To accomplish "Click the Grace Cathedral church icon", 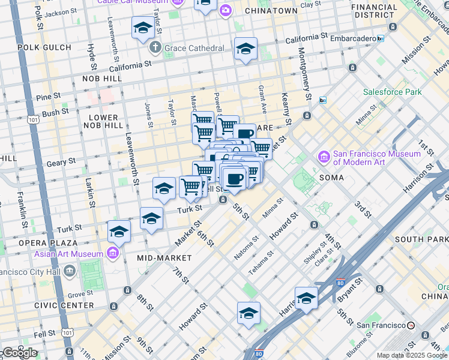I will [154, 47].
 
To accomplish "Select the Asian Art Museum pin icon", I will [112, 254].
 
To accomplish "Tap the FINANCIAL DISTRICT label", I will [375, 11].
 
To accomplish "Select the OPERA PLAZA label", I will [47, 243].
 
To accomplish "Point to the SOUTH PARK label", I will [420, 239].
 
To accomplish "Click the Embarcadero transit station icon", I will [380, 39].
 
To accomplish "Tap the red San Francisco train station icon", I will [411, 325].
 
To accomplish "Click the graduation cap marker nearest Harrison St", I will [306, 298].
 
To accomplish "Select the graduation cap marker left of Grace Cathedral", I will [142, 28].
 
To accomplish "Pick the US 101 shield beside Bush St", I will [34, 119].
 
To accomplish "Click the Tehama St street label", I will [261, 262].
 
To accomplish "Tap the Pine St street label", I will [49, 96].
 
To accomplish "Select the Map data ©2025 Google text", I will [412, 355].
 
